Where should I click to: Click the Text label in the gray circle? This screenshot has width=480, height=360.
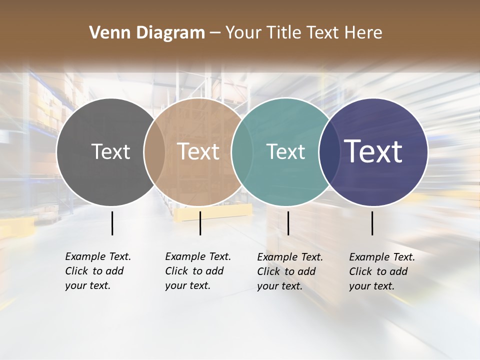click(110, 151)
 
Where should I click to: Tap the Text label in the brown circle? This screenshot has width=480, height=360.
click(198, 151)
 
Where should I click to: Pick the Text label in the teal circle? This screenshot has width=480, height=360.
click(285, 151)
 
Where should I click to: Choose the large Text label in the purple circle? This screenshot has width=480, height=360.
click(373, 151)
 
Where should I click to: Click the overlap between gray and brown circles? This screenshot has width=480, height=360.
click(154, 151)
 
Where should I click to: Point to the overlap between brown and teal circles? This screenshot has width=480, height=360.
click(242, 151)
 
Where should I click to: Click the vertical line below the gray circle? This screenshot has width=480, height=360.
click(112, 223)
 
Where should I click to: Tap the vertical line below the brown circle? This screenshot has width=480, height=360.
click(200, 223)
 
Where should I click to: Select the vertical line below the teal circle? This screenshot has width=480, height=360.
click(288, 223)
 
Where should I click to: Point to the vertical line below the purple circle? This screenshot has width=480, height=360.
click(372, 223)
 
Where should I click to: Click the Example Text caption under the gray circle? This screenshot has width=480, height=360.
click(97, 271)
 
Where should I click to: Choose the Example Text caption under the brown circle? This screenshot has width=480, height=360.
click(197, 271)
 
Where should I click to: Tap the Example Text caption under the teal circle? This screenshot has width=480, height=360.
click(289, 271)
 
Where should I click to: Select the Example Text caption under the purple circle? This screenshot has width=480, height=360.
click(381, 271)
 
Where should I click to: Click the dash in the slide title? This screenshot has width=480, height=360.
click(215, 33)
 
